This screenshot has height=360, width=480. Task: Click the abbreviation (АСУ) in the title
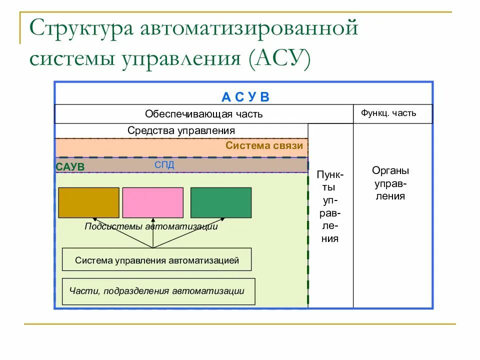277,58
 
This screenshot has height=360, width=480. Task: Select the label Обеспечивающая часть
203,114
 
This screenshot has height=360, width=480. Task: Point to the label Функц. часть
388,113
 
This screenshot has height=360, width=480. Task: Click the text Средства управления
181,130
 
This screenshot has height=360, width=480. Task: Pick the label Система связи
264,145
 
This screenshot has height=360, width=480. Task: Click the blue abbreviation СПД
164,165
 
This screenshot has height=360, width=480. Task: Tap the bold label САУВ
70,167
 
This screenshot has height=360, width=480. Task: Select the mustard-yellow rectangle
89,202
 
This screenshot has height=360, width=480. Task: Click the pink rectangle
152,202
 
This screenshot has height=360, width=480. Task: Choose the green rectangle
221,202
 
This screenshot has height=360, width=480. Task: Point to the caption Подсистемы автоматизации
151,226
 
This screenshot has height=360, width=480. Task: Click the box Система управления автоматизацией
156,260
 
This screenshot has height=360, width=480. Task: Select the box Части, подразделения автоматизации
158,291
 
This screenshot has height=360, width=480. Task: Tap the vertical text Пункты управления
330,206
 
